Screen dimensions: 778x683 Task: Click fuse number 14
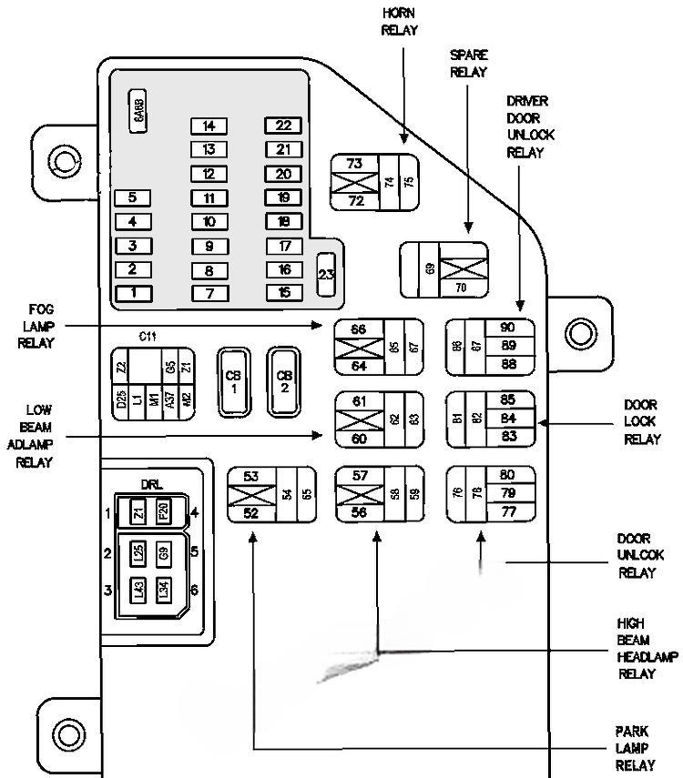pyautogui.click(x=209, y=126)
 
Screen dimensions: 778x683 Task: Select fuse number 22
pyautogui.click(x=283, y=126)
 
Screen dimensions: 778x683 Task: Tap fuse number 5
pyautogui.click(x=133, y=197)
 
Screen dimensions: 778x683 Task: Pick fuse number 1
pyautogui.click(x=133, y=292)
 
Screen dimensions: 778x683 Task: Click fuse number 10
pyautogui.click(x=209, y=221)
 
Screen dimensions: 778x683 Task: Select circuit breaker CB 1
pyautogui.click(x=233, y=381)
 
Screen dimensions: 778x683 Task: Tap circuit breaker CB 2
pyautogui.click(x=285, y=381)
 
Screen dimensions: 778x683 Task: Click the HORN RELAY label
pyautogui.click(x=400, y=21)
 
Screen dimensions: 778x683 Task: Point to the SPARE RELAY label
pyautogui.click(x=468, y=64)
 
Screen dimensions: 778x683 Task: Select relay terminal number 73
pyautogui.click(x=354, y=164)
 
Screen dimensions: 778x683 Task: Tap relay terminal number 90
pyautogui.click(x=508, y=328)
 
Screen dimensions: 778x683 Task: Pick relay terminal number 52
pyautogui.click(x=250, y=512)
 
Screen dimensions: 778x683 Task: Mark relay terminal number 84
pyautogui.click(x=508, y=419)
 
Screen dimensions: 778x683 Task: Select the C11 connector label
pyautogui.click(x=148, y=337)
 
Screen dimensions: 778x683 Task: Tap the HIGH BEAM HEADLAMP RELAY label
pyautogui.click(x=637, y=649)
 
